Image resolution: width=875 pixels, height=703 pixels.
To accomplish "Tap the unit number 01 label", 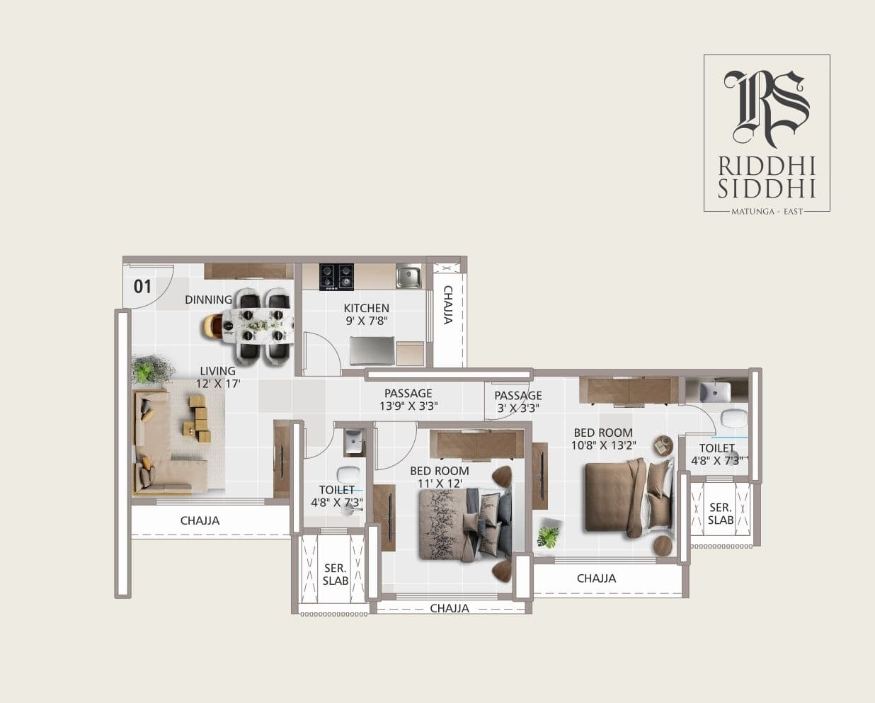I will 142,287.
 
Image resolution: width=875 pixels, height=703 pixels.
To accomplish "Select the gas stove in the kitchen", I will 336,276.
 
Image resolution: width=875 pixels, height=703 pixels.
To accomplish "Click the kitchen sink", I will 408,276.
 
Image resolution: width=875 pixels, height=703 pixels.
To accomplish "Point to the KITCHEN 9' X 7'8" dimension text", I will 366,314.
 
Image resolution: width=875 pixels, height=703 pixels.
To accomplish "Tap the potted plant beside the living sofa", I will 151,369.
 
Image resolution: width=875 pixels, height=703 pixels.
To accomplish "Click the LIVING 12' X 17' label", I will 218,377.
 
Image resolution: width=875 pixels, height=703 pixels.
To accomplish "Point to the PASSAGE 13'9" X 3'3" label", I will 408,399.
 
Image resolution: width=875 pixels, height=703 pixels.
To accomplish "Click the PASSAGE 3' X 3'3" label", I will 517,401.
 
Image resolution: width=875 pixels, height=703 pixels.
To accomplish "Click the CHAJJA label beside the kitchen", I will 447,304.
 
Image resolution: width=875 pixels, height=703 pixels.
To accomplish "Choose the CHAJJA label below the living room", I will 200,520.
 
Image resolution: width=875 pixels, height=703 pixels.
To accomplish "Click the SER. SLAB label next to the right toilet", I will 721,513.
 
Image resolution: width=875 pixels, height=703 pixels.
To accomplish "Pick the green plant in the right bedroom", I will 548,537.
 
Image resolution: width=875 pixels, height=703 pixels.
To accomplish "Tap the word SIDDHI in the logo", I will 767,188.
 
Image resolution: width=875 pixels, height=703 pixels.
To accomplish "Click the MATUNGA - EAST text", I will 767,211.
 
